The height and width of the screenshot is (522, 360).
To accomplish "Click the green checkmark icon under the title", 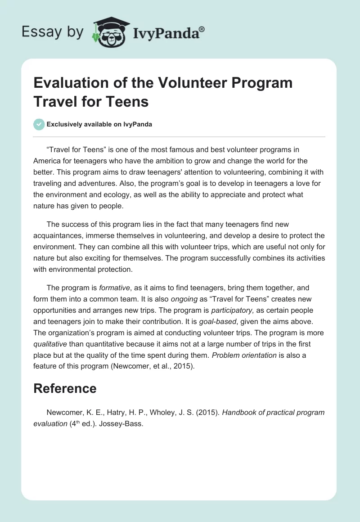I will pyautogui.click(x=39, y=124).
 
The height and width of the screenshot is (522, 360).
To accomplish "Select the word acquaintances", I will pyautogui.click(x=59, y=235).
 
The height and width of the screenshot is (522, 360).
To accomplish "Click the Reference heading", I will pyautogui.click(x=65, y=388).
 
